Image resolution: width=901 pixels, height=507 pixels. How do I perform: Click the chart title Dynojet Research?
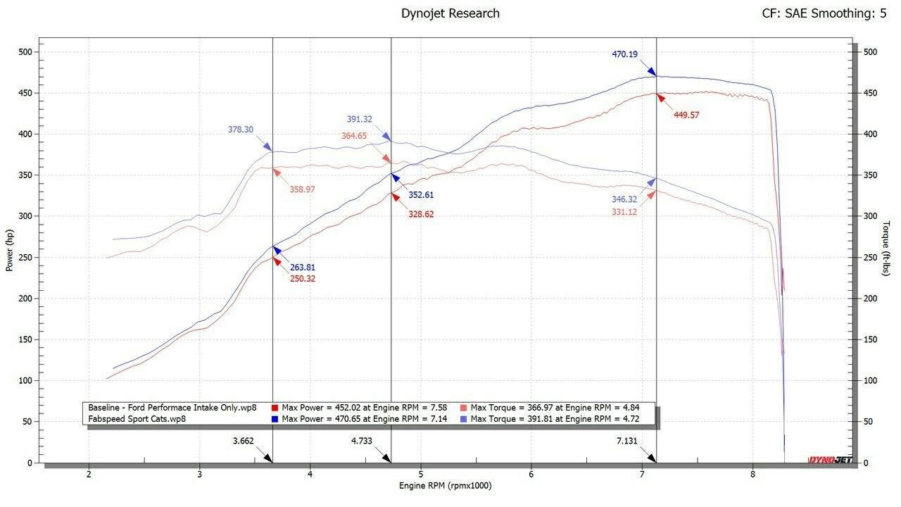(x=450, y=13)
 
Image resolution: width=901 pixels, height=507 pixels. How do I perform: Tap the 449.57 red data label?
(x=686, y=115)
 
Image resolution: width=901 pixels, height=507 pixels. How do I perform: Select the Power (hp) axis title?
(x=10, y=251)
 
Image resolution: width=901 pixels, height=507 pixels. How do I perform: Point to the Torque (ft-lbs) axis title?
(x=886, y=248)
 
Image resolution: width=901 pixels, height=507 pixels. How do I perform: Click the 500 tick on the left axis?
(x=26, y=52)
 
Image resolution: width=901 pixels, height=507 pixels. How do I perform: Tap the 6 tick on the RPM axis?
(x=531, y=474)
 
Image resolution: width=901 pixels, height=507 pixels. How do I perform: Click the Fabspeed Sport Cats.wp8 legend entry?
(x=133, y=419)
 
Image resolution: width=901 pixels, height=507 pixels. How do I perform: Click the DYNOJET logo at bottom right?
(x=830, y=461)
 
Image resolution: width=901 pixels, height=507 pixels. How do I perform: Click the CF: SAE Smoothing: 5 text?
(x=824, y=13)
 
